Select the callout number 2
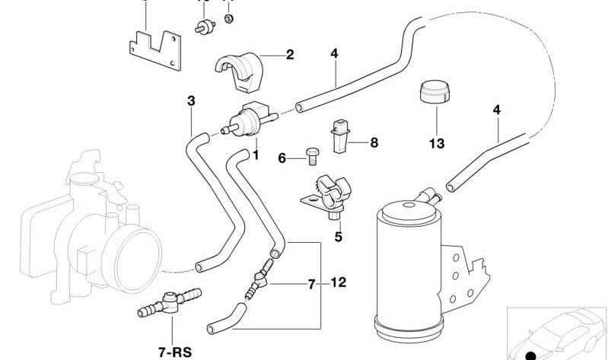pyautogui.click(x=289, y=54)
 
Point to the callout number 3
pyautogui.click(x=191, y=100)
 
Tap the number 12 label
pyautogui.click(x=338, y=283)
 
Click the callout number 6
pyautogui.click(x=282, y=158)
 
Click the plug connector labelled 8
pyautogui.click(x=339, y=133)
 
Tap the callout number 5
pyautogui.click(x=338, y=237)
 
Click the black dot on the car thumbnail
pyautogui.click(x=531, y=355)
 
